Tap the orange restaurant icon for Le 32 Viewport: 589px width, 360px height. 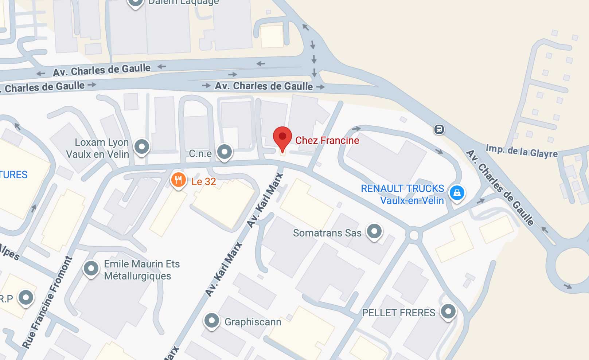pos(178,180)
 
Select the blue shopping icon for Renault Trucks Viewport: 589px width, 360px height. pos(457,192)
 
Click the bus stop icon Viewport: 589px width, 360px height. pos(439,129)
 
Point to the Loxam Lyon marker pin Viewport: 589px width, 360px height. pos(142,147)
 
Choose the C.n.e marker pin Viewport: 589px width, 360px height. pos(225,151)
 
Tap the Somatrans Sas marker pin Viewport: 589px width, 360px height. pos(374,231)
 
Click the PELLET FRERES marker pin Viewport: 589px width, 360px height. pos(448,311)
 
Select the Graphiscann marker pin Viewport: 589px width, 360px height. pos(212,321)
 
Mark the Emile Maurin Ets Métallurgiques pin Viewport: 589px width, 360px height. pos(91,269)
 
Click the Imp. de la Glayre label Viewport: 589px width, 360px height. pos(522,151)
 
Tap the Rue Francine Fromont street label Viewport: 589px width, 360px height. pos(47,302)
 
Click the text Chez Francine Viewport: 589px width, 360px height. pos(327,140)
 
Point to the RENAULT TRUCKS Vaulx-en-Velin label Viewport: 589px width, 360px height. pos(402,194)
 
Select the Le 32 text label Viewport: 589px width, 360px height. pos(204,181)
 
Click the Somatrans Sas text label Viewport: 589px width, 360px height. pos(327,233)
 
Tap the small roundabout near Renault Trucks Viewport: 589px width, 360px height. pos(414,235)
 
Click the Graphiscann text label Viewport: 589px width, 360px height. pos(253,322)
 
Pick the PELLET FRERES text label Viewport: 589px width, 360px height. pos(398,313)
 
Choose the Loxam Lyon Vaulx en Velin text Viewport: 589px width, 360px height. pos(98,148)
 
